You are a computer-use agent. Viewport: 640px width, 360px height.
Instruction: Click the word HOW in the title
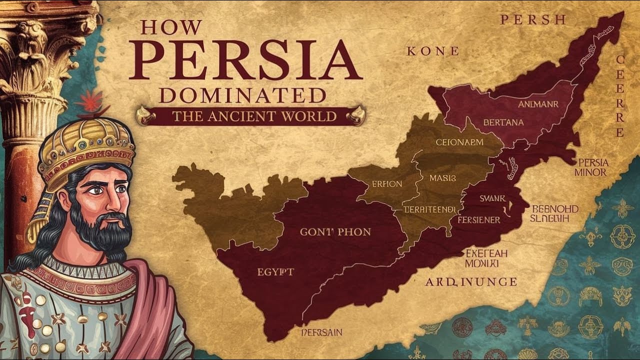click(x=171, y=27)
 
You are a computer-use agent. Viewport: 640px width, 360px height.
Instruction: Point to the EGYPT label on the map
click(x=275, y=272)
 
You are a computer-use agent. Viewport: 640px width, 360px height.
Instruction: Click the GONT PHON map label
click(x=335, y=231)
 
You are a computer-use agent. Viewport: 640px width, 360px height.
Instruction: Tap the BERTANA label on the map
click(x=503, y=122)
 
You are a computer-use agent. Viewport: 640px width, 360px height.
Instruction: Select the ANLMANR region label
click(x=538, y=104)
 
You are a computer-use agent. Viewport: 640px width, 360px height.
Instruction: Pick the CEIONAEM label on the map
click(x=459, y=142)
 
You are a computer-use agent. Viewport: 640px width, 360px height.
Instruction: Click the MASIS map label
click(x=442, y=177)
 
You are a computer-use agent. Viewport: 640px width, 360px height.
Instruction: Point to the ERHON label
click(x=386, y=184)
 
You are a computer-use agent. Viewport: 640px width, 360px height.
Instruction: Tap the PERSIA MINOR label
click(x=592, y=167)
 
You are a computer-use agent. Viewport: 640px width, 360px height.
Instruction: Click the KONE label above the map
click(x=432, y=51)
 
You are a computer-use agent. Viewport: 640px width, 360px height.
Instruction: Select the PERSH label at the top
click(x=533, y=20)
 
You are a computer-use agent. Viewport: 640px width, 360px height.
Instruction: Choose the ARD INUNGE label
click(x=471, y=282)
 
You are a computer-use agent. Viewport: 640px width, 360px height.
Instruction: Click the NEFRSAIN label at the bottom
click(x=321, y=332)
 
